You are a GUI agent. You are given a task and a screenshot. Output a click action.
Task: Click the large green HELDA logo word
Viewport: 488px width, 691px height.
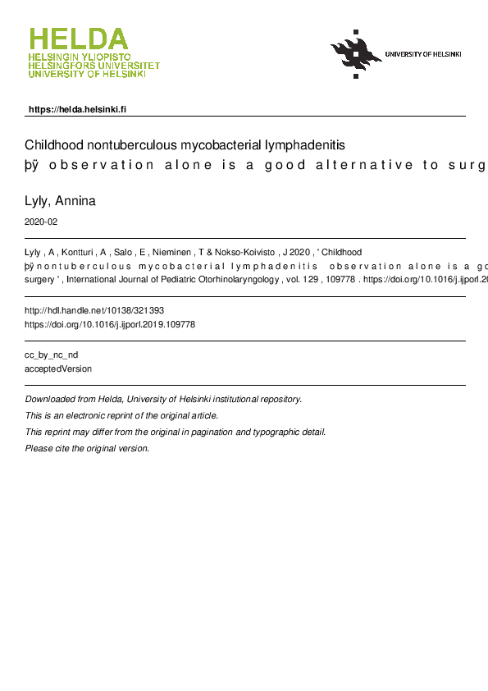point(79,39)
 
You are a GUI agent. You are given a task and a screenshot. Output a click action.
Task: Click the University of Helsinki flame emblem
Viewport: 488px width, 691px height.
point(356,54)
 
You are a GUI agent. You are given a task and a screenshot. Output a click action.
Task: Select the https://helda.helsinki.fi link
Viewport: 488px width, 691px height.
point(77,109)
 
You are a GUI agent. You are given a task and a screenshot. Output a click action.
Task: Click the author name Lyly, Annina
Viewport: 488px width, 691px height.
point(61,201)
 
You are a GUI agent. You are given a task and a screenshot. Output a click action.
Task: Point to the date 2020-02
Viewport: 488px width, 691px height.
point(42,222)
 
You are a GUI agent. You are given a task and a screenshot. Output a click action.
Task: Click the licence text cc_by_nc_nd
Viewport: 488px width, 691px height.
point(52,355)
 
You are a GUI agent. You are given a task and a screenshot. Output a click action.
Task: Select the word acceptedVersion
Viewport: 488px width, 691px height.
point(59,368)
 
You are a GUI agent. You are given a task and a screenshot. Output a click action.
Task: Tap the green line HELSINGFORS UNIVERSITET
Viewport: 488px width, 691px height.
point(93,66)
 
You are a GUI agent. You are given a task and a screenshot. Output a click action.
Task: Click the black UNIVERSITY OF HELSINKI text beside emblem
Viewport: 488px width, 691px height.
point(423,54)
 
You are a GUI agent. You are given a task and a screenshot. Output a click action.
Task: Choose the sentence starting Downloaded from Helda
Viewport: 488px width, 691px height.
point(164,399)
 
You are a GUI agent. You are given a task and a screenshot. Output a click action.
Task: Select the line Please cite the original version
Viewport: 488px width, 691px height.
point(88,448)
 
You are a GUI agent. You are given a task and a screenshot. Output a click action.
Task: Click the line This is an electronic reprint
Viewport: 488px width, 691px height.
point(122,415)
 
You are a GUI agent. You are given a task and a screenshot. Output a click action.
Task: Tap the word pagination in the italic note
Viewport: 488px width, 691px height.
point(216,432)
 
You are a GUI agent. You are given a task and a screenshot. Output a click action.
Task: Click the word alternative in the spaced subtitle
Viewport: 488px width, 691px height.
point(368,165)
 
